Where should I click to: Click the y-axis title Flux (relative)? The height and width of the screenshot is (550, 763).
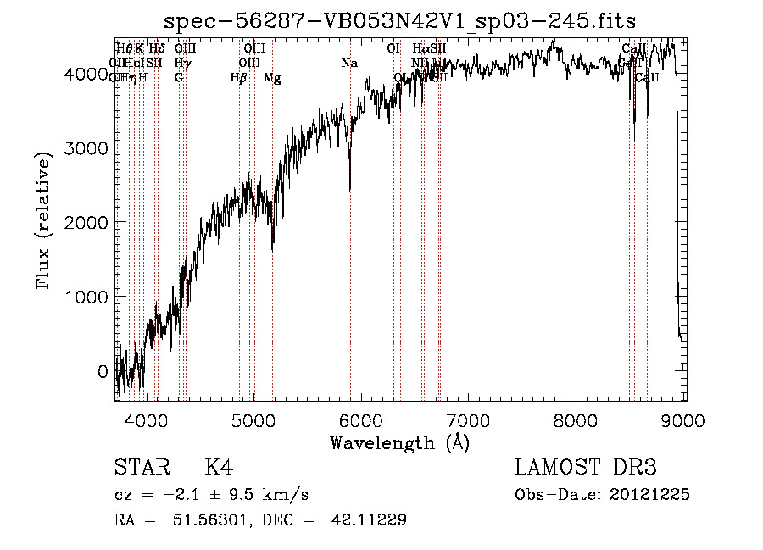[42, 219]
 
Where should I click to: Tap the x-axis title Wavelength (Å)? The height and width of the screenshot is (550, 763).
[399, 442]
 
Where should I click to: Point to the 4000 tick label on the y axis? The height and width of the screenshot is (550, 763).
[88, 74]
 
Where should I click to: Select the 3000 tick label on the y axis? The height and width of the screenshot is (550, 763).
[88, 147]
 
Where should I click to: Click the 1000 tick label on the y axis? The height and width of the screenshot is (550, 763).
[88, 297]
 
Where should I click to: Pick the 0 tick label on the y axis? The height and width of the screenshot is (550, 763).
[103, 371]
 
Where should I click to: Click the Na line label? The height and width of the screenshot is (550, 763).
[349, 63]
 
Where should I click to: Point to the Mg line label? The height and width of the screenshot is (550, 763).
[272, 78]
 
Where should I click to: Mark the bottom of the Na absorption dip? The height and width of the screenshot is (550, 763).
[350, 191]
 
